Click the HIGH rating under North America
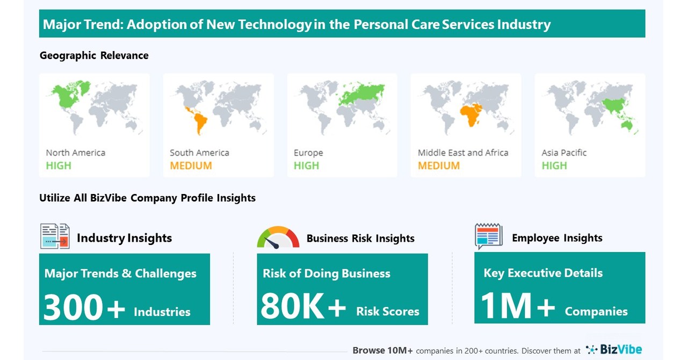click(58, 165)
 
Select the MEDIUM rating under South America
click(191, 165)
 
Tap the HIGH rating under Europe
click(306, 165)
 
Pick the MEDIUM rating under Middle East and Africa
click(439, 165)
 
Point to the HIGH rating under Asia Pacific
click(554, 165)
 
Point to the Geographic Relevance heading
click(94, 55)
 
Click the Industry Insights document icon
click(55, 236)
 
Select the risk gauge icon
click(278, 238)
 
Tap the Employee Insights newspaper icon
click(488, 236)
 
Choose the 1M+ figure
click(517, 306)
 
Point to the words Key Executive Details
click(543, 273)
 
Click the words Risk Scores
click(387, 312)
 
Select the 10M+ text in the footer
click(398, 350)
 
